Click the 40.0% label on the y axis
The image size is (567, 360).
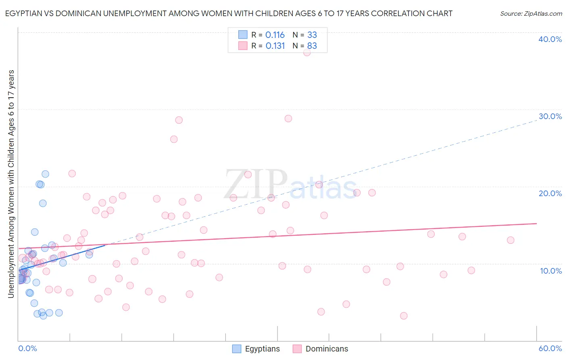point(550,39)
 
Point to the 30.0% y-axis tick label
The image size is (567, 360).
point(550,116)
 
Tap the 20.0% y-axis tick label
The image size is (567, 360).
point(550,193)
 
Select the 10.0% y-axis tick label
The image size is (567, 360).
point(551,271)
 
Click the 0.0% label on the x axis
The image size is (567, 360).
point(27,348)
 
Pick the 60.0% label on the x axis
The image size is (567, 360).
point(550,348)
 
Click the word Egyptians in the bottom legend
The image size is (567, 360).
point(262,349)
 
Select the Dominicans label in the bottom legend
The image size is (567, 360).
point(327,349)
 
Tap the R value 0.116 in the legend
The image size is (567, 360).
point(275,35)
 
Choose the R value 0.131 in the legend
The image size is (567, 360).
point(275,46)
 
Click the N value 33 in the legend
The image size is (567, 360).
point(312,35)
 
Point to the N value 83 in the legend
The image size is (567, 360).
point(312,46)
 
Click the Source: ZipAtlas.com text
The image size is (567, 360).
point(531,14)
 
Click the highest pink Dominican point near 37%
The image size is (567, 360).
point(307,52)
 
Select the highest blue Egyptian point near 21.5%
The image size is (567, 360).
point(45,174)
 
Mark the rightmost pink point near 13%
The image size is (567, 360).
point(511,240)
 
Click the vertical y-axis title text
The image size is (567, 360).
point(11,184)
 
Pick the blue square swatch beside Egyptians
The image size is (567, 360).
point(237,349)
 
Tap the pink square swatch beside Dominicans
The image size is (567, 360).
point(297,349)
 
